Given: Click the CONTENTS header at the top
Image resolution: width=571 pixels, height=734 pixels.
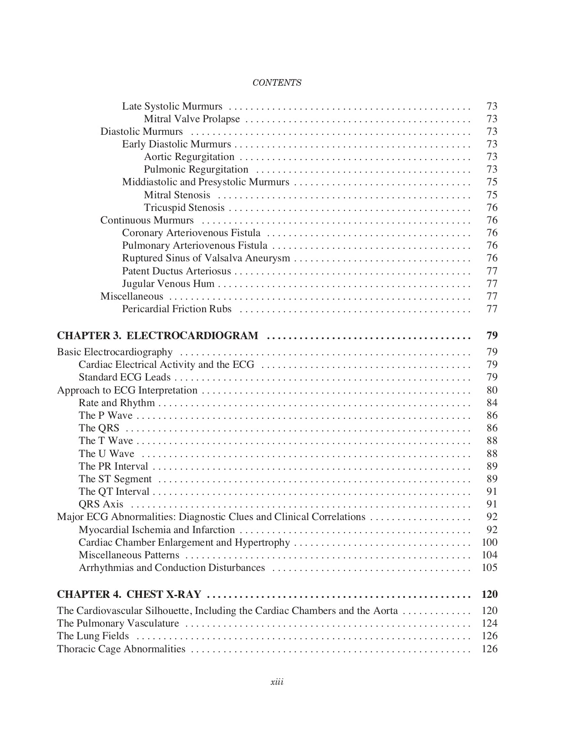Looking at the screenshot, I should (277, 83).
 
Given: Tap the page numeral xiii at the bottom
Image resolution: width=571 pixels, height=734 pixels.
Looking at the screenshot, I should (277, 682).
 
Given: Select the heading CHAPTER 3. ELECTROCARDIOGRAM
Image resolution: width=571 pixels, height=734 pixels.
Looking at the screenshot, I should (157, 336).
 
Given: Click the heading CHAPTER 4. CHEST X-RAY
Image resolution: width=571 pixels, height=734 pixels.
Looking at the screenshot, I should (129, 594).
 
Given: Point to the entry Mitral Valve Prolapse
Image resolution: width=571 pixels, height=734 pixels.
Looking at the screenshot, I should (192, 119).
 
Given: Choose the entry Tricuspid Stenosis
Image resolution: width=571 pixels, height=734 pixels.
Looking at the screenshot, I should (184, 208).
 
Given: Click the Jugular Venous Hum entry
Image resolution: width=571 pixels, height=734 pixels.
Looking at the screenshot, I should (168, 284).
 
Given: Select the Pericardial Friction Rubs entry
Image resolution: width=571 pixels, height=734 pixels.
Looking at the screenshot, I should (177, 309).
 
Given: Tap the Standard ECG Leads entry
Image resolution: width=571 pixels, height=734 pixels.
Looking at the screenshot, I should (124, 377).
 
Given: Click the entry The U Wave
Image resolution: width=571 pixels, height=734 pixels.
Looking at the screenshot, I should (107, 454).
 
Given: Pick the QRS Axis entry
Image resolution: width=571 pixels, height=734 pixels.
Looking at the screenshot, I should (101, 504).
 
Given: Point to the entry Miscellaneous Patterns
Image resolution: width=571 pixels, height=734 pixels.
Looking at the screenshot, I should (129, 555).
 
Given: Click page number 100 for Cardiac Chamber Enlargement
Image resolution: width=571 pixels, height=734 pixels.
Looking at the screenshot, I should (489, 543).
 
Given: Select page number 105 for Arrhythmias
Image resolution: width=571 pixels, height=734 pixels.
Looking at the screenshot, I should (489, 568).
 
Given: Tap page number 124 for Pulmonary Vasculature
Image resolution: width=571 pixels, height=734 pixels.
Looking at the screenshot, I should (489, 624).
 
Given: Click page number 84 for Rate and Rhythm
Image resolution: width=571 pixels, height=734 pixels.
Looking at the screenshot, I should (492, 403).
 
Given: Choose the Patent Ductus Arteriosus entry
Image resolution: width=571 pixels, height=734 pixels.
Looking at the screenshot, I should (177, 271).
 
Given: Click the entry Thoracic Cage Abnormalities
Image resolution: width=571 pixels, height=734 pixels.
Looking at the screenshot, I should (121, 649).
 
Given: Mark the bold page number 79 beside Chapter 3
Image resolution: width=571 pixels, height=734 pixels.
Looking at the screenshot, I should (492, 336).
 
